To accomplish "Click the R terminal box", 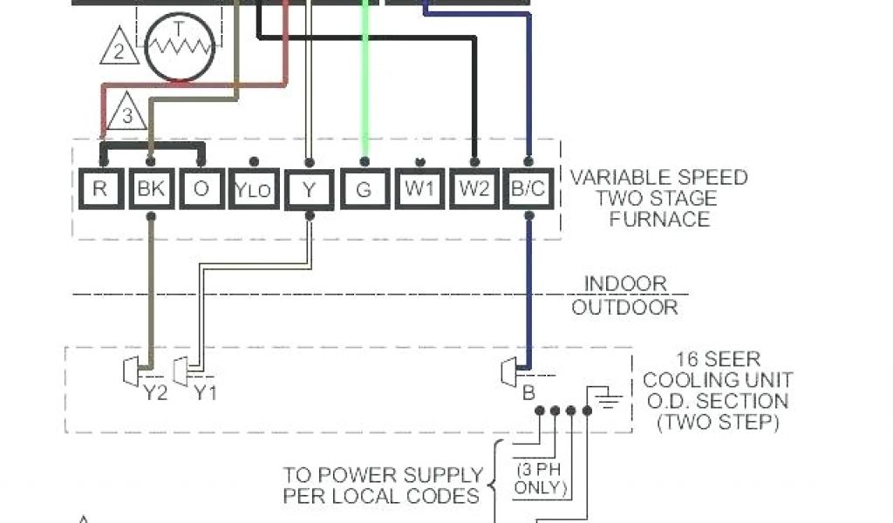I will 100,189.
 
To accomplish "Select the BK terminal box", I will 152,189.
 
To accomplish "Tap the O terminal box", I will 202,189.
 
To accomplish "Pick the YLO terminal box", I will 254,190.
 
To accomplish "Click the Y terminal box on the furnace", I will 308,189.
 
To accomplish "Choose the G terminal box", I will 364,189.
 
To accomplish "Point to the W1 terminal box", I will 419,189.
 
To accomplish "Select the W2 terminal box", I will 474,189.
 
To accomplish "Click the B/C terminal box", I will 528,189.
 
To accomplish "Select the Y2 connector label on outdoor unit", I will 155,393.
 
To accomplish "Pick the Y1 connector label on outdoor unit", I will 206,393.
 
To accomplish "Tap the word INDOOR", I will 625,283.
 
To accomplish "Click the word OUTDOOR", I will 625,307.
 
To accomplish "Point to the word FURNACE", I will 659,219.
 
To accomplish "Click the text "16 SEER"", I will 719,359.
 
